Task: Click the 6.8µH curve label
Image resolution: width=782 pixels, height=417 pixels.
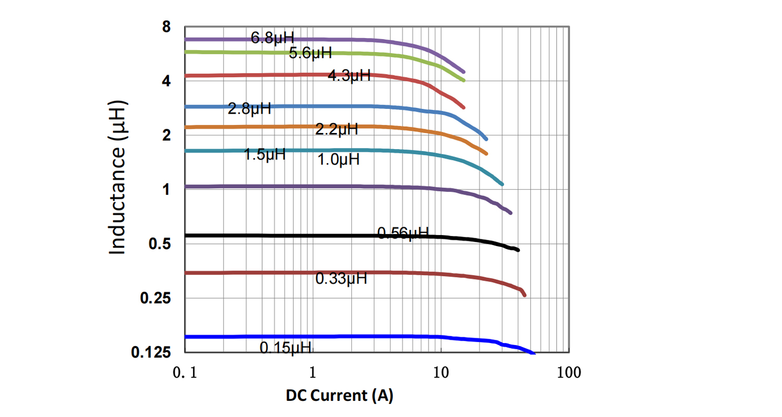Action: pyautogui.click(x=273, y=38)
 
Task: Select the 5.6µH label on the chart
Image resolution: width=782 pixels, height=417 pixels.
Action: pyautogui.click(x=311, y=53)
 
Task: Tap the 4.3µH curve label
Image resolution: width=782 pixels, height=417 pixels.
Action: pyautogui.click(x=349, y=76)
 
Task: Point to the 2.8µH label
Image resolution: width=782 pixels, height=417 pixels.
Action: pyautogui.click(x=249, y=109)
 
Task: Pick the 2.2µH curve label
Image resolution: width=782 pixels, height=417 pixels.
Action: pyautogui.click(x=336, y=129)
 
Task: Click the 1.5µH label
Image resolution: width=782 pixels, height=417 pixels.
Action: pyautogui.click(x=265, y=154)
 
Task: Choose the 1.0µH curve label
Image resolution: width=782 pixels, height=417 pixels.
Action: pyautogui.click(x=338, y=160)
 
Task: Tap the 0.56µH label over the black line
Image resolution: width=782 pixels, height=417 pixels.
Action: pyautogui.click(x=402, y=234)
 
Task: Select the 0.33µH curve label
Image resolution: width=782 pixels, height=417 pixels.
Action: pyautogui.click(x=341, y=279)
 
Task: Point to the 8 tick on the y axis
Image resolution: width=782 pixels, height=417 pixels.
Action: pyautogui.click(x=166, y=27)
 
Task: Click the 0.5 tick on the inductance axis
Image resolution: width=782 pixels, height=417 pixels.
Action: pyautogui.click(x=160, y=244)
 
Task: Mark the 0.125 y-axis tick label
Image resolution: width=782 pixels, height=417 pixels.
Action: pyautogui.click(x=151, y=353)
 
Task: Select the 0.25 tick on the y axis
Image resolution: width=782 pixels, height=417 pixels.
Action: pyautogui.click(x=155, y=298)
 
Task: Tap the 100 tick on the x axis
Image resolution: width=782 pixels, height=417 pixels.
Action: pyautogui.click(x=568, y=373)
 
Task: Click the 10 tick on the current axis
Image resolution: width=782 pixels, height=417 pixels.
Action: pyautogui.click(x=441, y=373)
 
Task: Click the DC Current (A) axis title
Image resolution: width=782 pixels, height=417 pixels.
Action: pyautogui.click(x=339, y=396)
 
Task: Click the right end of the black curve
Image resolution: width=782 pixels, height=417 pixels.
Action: pyautogui.click(x=518, y=250)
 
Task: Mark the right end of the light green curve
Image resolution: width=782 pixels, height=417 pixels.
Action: pyautogui.click(x=463, y=80)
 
